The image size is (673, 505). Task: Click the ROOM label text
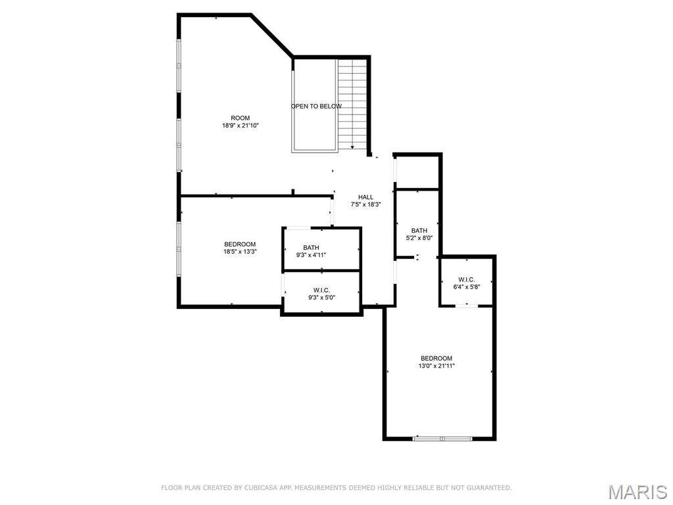[240, 118]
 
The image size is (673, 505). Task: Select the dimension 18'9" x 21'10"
[240, 126]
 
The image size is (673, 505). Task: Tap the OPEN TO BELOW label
[316, 107]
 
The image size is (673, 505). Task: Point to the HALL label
[365, 197]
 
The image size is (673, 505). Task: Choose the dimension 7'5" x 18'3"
[365, 204]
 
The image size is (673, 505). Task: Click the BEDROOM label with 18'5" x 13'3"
[240, 245]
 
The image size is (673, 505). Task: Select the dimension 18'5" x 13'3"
[240, 252]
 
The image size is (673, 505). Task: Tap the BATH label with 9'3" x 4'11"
[311, 248]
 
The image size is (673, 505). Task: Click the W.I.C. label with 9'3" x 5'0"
[321, 290]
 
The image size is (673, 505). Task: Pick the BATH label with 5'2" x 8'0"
[419, 231]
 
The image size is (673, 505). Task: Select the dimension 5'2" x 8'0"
[419, 238]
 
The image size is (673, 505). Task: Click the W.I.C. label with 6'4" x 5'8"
[467, 279]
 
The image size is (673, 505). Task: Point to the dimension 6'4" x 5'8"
[467, 287]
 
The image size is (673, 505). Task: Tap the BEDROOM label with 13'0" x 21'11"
[436, 358]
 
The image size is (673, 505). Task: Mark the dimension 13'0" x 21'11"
[436, 366]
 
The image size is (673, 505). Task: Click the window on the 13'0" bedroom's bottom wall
[442, 438]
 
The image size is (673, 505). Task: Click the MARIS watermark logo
[637, 492]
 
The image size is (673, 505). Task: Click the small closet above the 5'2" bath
[417, 173]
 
